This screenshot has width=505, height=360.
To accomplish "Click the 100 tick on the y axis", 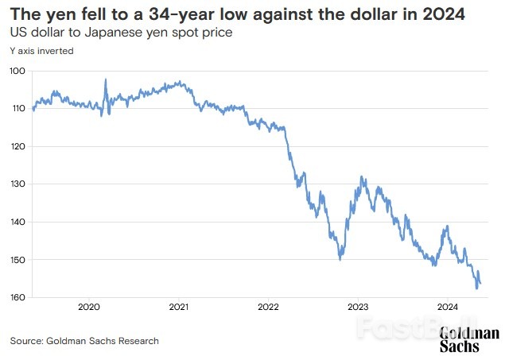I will pyautogui.click(x=18, y=71).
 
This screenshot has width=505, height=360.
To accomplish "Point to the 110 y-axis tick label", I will pyautogui.click(x=18, y=108).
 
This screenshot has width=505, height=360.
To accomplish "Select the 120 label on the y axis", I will pyautogui.click(x=18, y=146).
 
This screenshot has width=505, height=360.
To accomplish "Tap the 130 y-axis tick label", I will pyautogui.click(x=18, y=184).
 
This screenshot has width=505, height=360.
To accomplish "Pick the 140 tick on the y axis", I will pyautogui.click(x=18, y=222).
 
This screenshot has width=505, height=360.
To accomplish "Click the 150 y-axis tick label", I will pyautogui.click(x=18, y=260).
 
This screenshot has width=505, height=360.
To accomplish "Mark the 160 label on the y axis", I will pyautogui.click(x=18, y=297).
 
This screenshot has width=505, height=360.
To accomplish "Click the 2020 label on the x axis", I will pyautogui.click(x=88, y=307).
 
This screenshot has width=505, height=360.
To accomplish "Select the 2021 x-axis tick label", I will pyautogui.click(x=178, y=307).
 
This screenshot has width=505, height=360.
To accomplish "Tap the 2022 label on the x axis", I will pyautogui.click(x=268, y=307).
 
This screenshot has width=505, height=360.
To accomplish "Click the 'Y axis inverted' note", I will pyautogui.click(x=41, y=50).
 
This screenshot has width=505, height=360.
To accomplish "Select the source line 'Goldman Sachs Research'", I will pyautogui.click(x=84, y=341).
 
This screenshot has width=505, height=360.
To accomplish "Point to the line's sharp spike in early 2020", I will pyautogui.click(x=106, y=80).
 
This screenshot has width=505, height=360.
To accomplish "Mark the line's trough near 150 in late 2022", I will pyautogui.click(x=341, y=258).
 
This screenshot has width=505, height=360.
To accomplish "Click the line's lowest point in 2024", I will pyautogui.click(x=476, y=288).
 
